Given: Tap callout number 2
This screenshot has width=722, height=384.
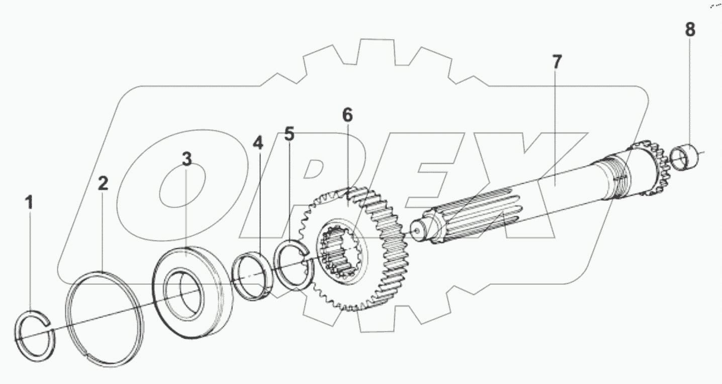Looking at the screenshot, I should coord(103,183).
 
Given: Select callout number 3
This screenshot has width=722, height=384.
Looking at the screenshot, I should coord(187,160).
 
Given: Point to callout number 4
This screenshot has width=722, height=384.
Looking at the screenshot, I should coord(257,143).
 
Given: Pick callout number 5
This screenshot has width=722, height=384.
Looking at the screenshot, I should coord(289,134).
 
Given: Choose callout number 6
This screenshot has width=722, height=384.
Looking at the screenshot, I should coord(347,115).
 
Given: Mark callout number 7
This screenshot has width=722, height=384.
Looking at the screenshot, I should coord(557,62).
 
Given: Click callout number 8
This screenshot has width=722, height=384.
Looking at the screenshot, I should coord(690,30).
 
